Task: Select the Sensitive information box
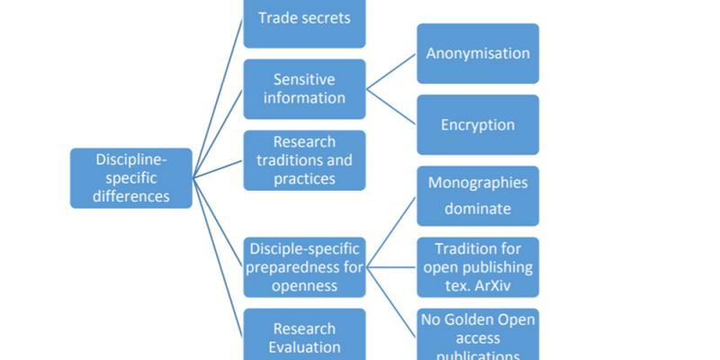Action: pyautogui.click(x=304, y=88)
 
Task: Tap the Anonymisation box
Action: pyautogui.click(x=478, y=53)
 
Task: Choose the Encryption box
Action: pyautogui.click(x=478, y=124)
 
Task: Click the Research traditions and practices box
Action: pyautogui.click(x=304, y=160)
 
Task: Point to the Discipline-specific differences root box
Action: pyautogui.click(x=131, y=177)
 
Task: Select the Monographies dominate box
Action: pyautogui.click(x=478, y=195)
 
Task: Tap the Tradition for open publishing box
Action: pyautogui.click(x=478, y=266)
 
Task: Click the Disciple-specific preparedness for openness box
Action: pyautogui.click(x=304, y=266)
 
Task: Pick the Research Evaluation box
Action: pyautogui.click(x=304, y=337)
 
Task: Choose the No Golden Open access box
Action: pyautogui.click(x=478, y=336)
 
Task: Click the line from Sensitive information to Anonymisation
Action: pyautogui.click(x=391, y=70)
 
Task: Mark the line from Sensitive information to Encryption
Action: pyautogui.click(x=391, y=106)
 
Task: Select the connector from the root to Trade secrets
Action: pyautogui.click(x=218, y=99)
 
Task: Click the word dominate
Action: pyautogui.click(x=478, y=209)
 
